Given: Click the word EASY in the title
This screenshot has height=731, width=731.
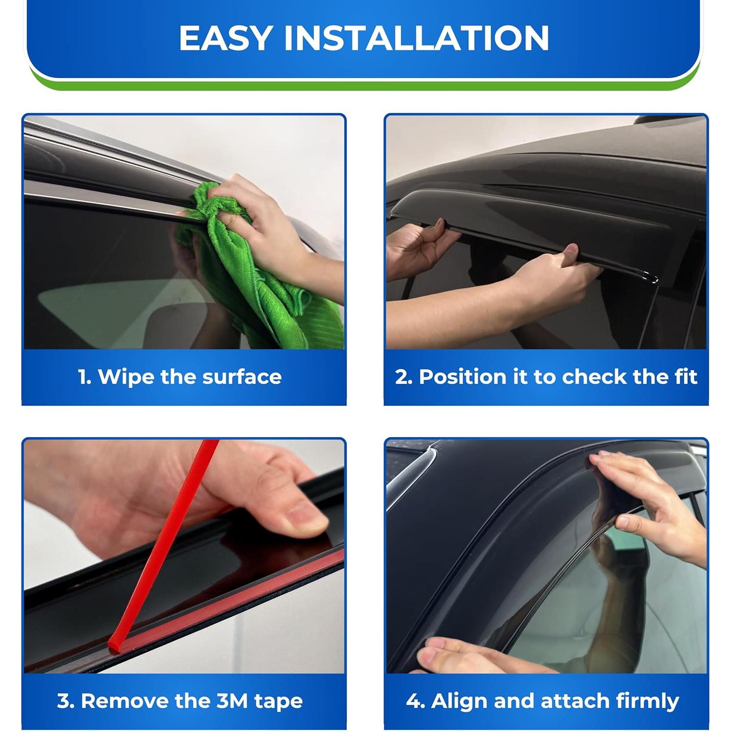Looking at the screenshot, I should point(225,38).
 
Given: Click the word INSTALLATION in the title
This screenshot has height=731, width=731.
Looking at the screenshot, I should point(417,38).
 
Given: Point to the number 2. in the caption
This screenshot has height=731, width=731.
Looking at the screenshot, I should point(404,377).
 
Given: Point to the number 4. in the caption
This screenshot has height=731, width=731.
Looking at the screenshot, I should point(415,701).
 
